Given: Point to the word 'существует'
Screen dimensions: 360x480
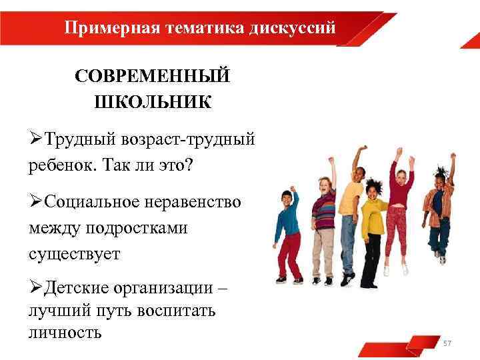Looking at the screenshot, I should coord(74,253).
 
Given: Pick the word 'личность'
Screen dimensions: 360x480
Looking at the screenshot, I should coord(65,332).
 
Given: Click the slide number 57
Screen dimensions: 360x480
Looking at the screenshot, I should coord(447,343).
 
